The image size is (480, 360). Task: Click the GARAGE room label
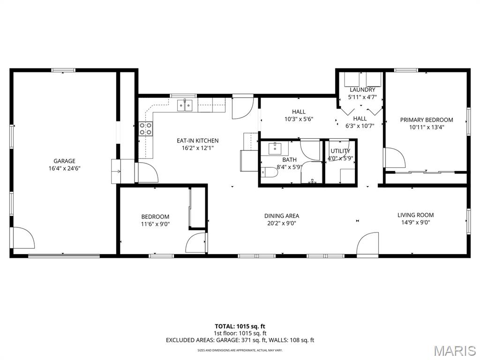(x=64, y=161)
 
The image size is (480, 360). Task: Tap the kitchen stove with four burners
(x=146, y=128)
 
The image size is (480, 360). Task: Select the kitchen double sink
(x=185, y=105)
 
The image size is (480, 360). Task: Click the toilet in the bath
(x=270, y=172)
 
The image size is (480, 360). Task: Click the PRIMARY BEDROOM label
(x=426, y=120)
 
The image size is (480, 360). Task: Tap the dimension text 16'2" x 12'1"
(x=197, y=148)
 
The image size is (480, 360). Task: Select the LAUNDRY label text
(x=362, y=90)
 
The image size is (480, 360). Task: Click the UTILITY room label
(x=340, y=151)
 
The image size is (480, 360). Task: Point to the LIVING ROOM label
(x=415, y=215)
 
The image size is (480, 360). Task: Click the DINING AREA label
(x=281, y=216)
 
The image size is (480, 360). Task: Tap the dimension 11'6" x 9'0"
(x=155, y=224)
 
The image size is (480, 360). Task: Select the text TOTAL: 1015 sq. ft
(x=240, y=326)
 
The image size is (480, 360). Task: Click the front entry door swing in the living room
(x=367, y=244)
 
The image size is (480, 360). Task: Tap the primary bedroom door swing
(x=394, y=157)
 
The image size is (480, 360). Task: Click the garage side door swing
(x=23, y=238)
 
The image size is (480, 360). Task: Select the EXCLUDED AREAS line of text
(x=240, y=340)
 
